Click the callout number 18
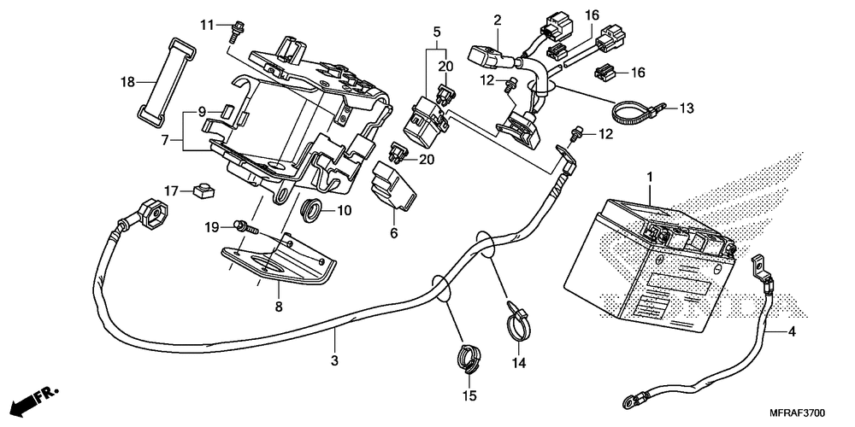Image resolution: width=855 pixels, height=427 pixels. [127, 83]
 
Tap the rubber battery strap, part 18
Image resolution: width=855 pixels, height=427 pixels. [166, 80]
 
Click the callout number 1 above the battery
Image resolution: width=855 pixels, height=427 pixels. [650, 177]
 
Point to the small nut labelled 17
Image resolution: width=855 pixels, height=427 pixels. [203, 190]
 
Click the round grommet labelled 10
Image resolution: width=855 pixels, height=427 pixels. [312, 210]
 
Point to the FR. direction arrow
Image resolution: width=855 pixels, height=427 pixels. [35, 400]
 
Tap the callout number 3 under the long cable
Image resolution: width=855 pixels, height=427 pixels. [335, 360]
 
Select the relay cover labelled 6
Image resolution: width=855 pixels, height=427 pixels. [392, 185]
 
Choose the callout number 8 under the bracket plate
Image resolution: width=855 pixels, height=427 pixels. [279, 307]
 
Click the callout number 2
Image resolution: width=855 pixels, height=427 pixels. [498, 20]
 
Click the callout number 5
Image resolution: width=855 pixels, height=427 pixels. [437, 32]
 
